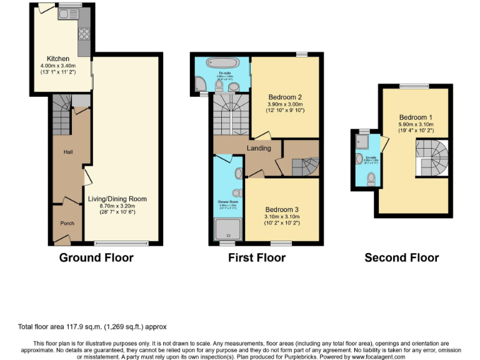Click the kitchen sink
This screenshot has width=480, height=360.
(66, 13)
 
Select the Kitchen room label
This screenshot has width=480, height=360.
(52, 58)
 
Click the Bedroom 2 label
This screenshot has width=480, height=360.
(285, 97)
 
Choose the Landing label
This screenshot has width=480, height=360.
(259, 148)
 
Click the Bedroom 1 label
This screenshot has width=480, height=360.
(416, 117)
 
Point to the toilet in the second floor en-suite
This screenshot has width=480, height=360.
(371, 177)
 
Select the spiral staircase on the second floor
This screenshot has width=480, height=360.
(431, 155)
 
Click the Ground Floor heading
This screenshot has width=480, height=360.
(96, 257)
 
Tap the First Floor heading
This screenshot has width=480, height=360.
(256, 257)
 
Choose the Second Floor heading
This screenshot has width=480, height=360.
(401, 257)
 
